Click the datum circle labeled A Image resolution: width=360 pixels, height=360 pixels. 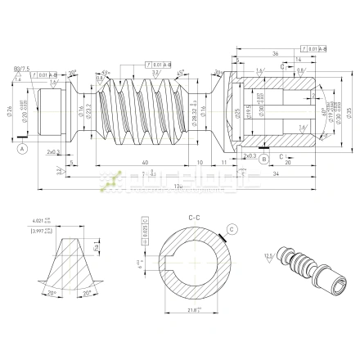[x=22, y=149]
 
